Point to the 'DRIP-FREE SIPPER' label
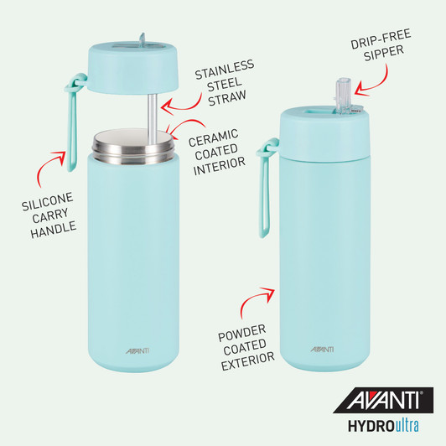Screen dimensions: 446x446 point(380,53)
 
